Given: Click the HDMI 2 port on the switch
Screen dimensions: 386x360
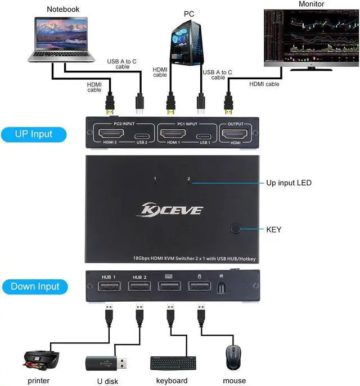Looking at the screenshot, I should click(111, 135).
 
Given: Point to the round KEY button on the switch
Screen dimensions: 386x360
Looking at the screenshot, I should click(236, 229).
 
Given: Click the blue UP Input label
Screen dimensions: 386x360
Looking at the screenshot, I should click(34, 134).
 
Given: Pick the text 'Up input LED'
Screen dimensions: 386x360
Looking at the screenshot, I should click(289, 183).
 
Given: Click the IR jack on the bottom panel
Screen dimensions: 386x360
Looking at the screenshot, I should click(222, 288).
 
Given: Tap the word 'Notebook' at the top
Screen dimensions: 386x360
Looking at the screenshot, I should click(64, 9).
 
